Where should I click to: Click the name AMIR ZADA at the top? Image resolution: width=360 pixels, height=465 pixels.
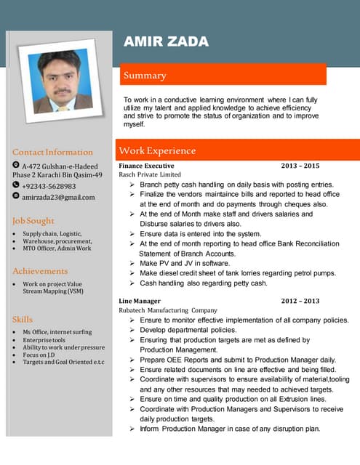coord(166,41)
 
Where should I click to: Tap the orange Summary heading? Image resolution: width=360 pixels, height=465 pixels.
coord(145,76)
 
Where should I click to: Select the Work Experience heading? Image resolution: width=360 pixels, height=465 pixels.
coord(157,151)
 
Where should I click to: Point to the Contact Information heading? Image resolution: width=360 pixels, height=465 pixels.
coord(52,153)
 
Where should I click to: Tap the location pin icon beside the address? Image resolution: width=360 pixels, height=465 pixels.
coord(16,166)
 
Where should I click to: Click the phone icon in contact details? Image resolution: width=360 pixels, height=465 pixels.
coord(16,186)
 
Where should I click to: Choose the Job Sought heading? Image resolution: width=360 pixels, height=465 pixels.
coord(33,220)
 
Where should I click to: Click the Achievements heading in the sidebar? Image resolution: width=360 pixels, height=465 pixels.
coord(40,271)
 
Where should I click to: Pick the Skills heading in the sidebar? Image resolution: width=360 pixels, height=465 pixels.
coord(23,319)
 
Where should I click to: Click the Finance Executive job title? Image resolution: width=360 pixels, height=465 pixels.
coord(146,166)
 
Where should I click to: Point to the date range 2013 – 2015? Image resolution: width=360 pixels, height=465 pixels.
coord(300,166)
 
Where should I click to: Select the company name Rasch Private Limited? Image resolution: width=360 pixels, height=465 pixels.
coord(150,174)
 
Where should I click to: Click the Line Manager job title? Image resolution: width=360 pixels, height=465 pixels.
coord(140,301)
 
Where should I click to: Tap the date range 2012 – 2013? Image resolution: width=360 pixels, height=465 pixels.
coord(300,301)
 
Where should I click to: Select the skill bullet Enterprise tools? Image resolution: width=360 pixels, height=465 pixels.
coord(44,340)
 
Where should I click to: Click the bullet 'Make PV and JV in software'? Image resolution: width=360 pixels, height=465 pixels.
coord(185,263)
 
